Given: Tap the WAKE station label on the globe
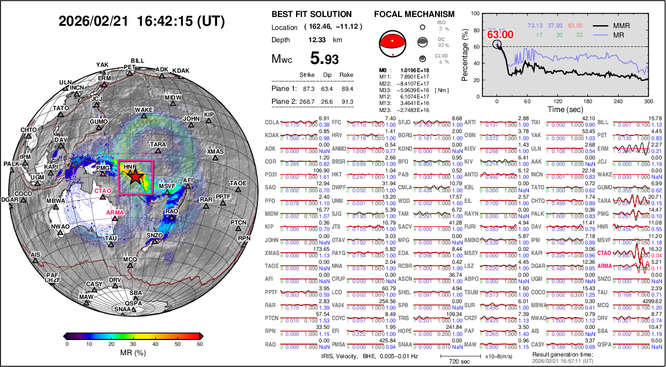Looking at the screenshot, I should point(144,110).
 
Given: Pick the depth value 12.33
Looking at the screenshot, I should point(317,40).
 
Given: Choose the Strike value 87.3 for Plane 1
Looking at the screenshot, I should point(308,89).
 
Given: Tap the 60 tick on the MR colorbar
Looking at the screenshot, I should point(199,344).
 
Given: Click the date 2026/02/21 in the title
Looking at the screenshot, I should point(94,22).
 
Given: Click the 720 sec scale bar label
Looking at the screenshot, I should point(452,362).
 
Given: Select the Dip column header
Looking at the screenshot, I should point(327,75).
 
